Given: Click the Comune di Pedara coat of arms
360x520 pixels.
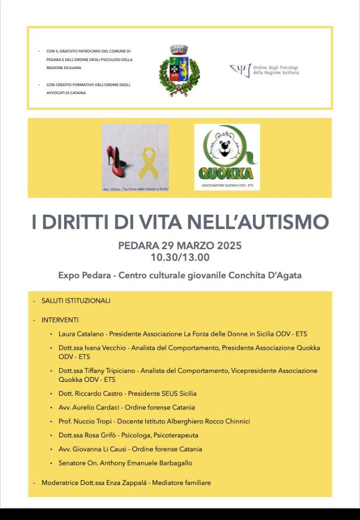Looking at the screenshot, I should click(179, 71).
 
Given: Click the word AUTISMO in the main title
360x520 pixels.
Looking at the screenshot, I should click(287, 222).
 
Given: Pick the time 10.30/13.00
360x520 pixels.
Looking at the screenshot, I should click(180, 258).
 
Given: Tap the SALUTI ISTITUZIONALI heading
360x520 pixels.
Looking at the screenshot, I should click(76, 301).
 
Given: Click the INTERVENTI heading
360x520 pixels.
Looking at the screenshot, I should click(60, 320).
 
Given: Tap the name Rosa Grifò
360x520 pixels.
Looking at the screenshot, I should click(97, 435).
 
